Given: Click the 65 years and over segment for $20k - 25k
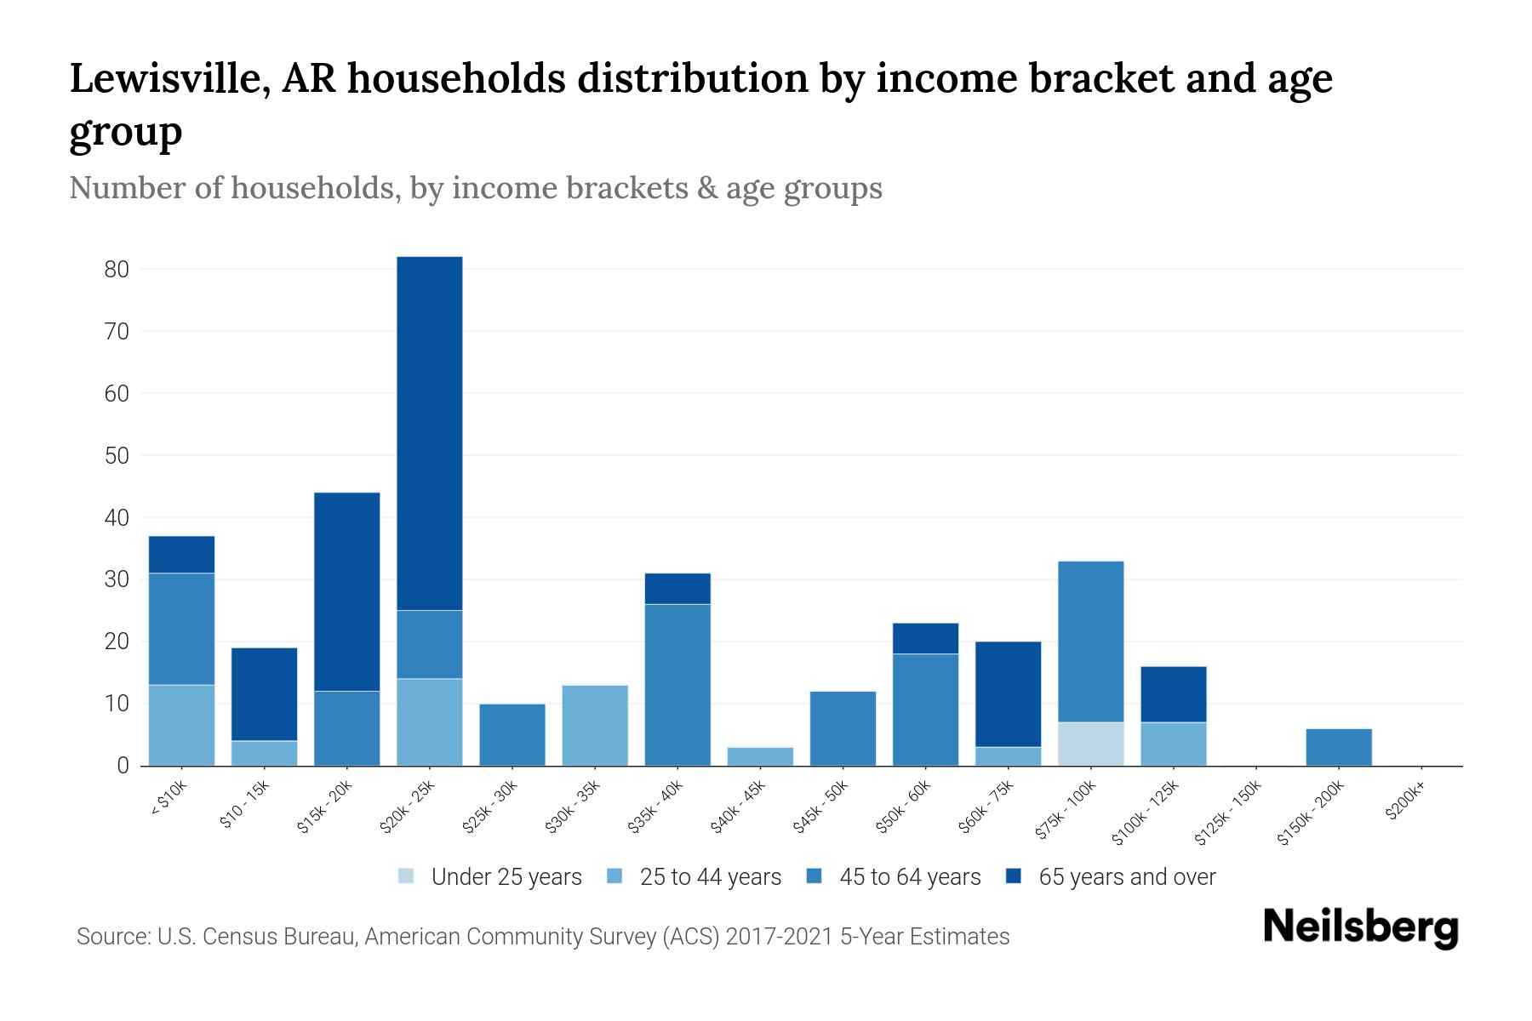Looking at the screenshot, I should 430,433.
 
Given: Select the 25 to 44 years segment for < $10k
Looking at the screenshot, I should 181,725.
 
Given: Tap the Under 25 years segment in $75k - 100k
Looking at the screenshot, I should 1090,744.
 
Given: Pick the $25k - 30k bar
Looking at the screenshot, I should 512,734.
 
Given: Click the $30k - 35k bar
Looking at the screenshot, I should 595,725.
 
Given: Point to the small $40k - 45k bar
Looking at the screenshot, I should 760,756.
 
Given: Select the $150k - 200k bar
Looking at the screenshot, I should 1339,747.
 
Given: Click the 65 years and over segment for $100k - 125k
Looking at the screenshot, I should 1173,694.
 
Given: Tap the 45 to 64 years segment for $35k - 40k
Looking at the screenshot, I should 677,684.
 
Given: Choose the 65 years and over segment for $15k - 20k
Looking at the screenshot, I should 347,591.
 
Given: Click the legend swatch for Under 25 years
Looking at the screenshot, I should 407,876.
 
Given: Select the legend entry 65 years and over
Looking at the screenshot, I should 1126,877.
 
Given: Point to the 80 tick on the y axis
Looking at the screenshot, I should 117,270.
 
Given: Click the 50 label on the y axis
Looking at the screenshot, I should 117,456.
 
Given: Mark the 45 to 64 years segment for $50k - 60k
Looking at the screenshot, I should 925,710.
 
